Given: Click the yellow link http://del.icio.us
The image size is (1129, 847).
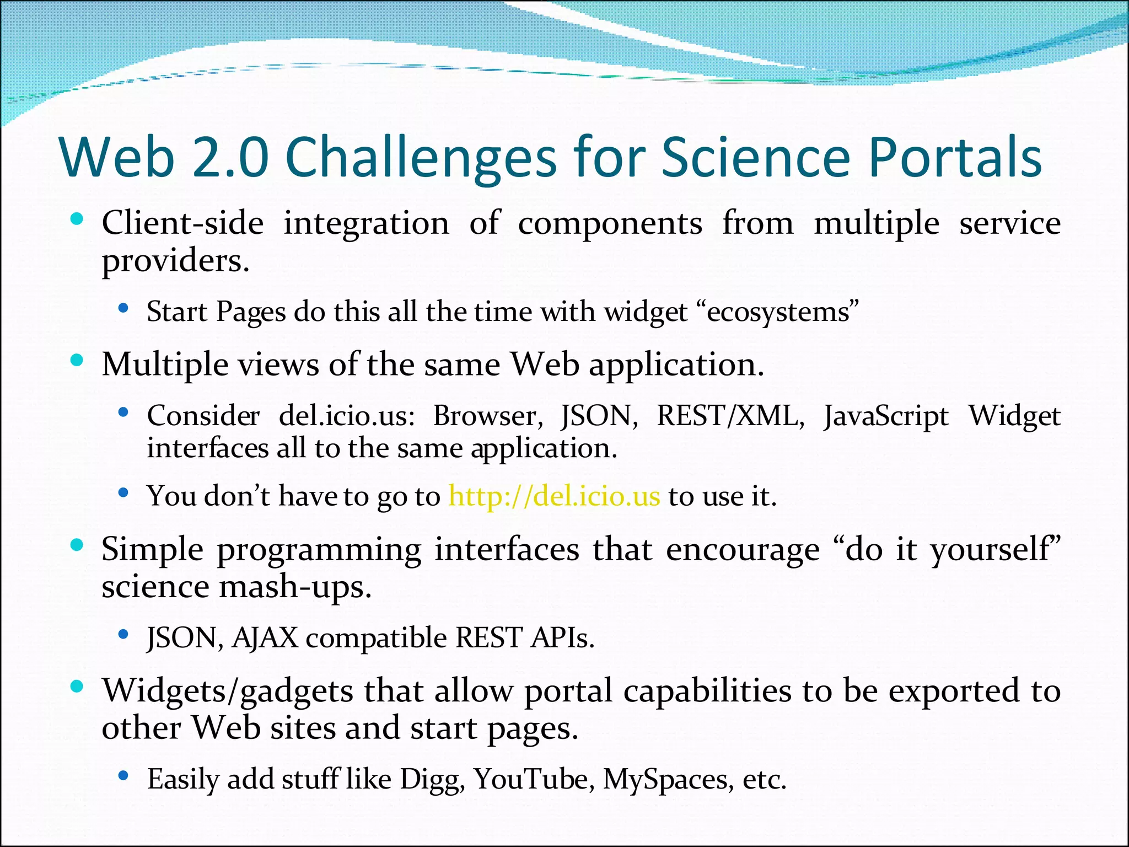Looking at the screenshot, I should tap(554, 496).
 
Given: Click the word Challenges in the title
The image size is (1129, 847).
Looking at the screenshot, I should tap(422, 158).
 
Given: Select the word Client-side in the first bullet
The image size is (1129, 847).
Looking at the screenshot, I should tap(182, 224).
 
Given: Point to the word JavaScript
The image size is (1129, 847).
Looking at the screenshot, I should tap(886, 416).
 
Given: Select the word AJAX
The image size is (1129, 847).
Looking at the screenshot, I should tap(265, 638).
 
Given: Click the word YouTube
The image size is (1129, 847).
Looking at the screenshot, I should tap(534, 779).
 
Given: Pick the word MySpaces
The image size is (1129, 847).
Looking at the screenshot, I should tap(668, 780).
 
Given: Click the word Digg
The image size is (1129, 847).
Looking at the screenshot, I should tap(432, 780).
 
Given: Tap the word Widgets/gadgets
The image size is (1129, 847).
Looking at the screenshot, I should tap(227, 691).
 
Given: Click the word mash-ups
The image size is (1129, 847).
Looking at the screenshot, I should tap(295, 587).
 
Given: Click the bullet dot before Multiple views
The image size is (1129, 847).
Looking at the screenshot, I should tap(77, 361).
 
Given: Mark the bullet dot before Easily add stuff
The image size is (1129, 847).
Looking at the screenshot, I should tap(123, 775).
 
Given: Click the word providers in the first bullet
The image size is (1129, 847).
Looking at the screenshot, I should tap(175, 261).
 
